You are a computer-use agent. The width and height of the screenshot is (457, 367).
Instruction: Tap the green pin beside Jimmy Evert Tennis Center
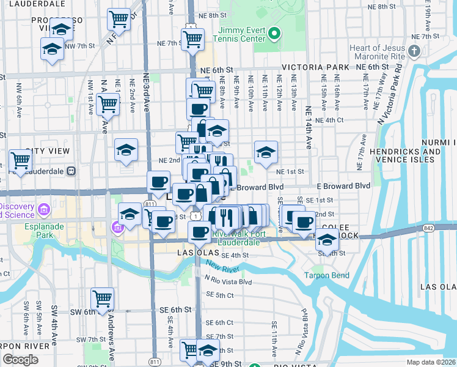point(275,34)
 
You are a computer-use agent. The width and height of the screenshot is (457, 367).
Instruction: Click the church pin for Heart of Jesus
point(415,50)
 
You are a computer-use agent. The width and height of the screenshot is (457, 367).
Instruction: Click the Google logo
point(20,360)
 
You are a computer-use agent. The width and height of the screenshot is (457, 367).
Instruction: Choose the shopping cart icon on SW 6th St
point(102,299)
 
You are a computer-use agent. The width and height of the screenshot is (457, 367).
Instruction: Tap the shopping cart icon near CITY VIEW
point(21,161)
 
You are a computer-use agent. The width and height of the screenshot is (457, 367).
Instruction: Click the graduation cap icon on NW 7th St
point(53,48)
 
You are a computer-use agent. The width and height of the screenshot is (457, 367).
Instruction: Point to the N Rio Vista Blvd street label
point(228,281)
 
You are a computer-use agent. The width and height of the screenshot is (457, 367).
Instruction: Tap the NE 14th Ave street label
point(309,132)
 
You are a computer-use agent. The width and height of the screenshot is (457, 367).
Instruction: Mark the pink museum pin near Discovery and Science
point(43,210)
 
